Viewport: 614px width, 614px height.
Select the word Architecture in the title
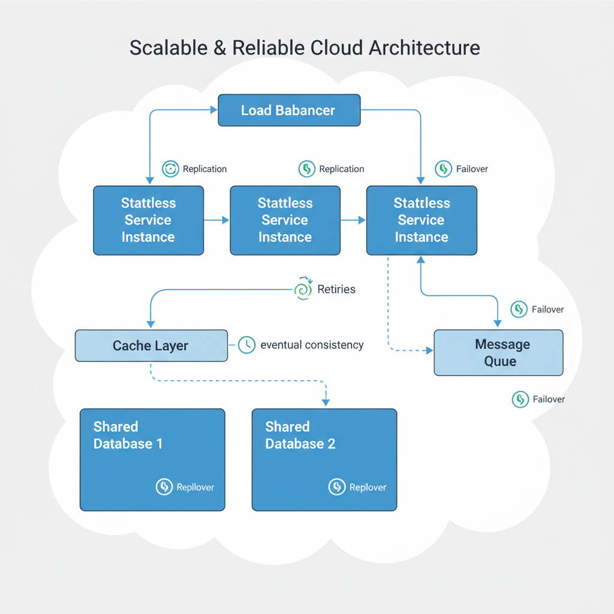click(424, 48)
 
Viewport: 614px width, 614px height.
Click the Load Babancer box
click(289, 110)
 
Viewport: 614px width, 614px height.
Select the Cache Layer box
click(151, 346)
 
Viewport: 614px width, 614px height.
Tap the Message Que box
click(498, 353)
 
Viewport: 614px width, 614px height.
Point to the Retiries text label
click(336, 290)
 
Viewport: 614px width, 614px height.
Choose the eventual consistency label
click(312, 345)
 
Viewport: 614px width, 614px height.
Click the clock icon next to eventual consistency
click(246, 345)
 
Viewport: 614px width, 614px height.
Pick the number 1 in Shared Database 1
click(159, 444)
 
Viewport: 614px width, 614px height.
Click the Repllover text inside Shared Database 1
click(195, 487)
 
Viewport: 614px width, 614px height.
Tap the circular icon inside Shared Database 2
click(337, 487)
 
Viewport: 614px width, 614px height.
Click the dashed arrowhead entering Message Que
click(429, 350)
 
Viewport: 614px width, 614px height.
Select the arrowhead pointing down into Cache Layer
click(149, 324)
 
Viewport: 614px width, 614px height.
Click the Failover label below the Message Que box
click(549, 399)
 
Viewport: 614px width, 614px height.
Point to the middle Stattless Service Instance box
click(285, 220)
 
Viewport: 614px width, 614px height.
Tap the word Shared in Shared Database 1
click(116, 427)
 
